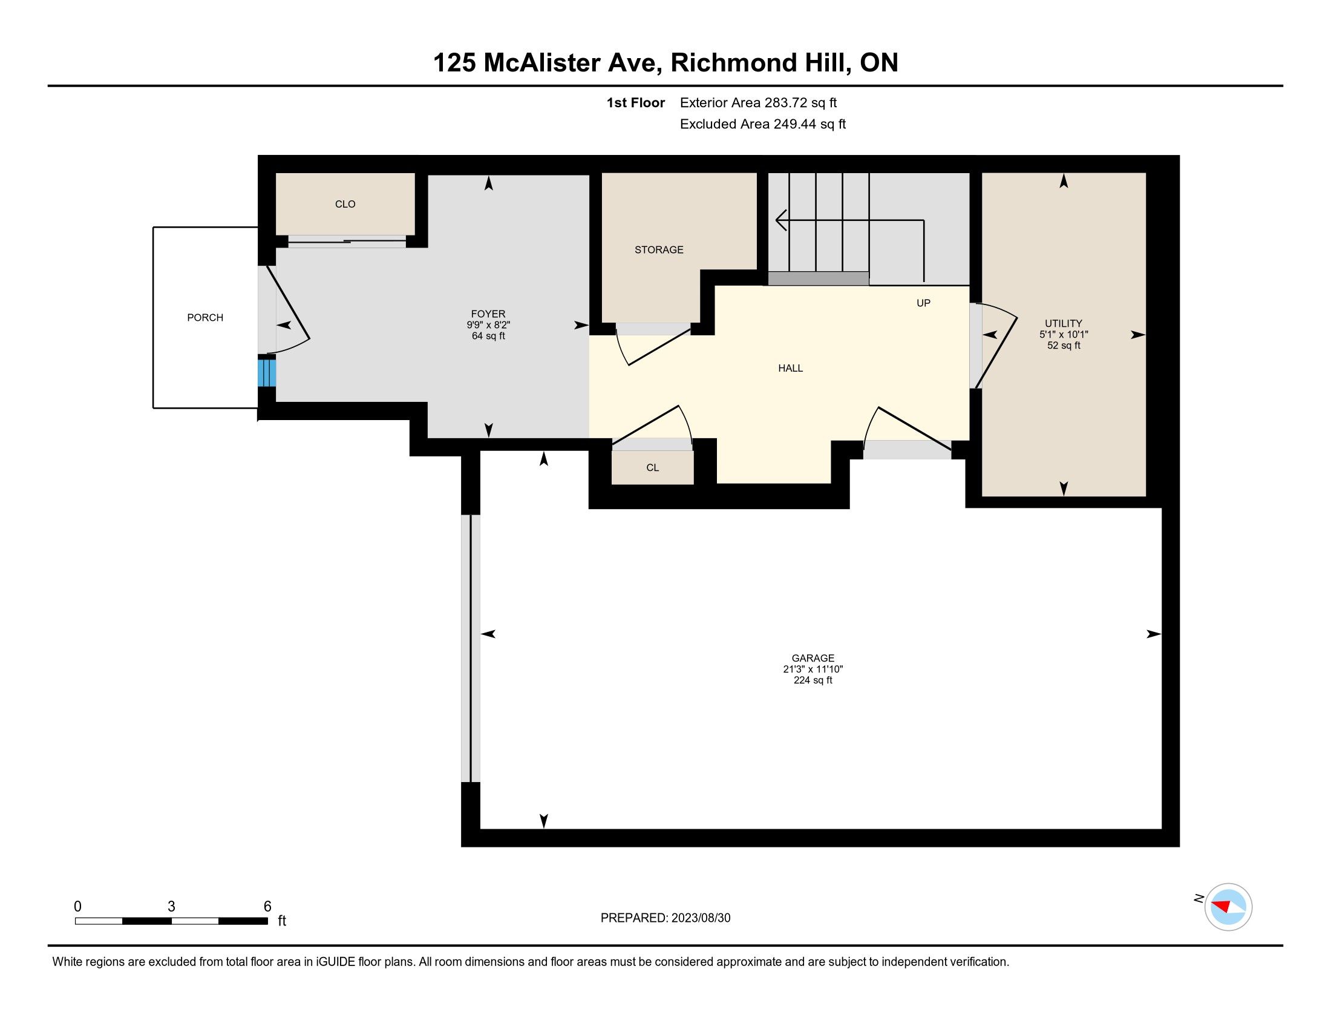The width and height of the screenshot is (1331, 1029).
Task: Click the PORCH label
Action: (204, 318)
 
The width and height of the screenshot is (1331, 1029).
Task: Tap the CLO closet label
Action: (345, 204)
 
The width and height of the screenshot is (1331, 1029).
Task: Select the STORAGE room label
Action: (659, 250)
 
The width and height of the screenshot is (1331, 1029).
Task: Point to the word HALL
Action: (791, 368)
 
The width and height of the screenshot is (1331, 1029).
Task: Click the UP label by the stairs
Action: (923, 303)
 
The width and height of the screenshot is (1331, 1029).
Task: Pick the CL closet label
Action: (652, 467)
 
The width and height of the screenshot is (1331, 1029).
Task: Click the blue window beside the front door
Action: (266, 372)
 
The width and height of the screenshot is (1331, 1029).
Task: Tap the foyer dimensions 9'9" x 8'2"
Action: (488, 326)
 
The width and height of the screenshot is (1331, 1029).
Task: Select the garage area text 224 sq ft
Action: (813, 680)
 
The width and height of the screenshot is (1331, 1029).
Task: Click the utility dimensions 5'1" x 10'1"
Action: (1064, 335)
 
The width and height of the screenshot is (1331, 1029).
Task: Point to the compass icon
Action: (1228, 907)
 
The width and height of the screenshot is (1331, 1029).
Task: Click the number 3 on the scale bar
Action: (171, 907)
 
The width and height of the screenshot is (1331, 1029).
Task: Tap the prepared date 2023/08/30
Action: (701, 918)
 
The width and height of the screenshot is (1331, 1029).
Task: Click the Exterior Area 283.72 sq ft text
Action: (758, 103)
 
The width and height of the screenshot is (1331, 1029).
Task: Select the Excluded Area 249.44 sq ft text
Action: (763, 124)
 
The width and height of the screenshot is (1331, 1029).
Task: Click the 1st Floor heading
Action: (636, 103)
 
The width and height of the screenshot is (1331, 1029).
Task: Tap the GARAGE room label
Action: (813, 659)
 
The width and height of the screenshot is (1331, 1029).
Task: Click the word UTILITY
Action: (1064, 324)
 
